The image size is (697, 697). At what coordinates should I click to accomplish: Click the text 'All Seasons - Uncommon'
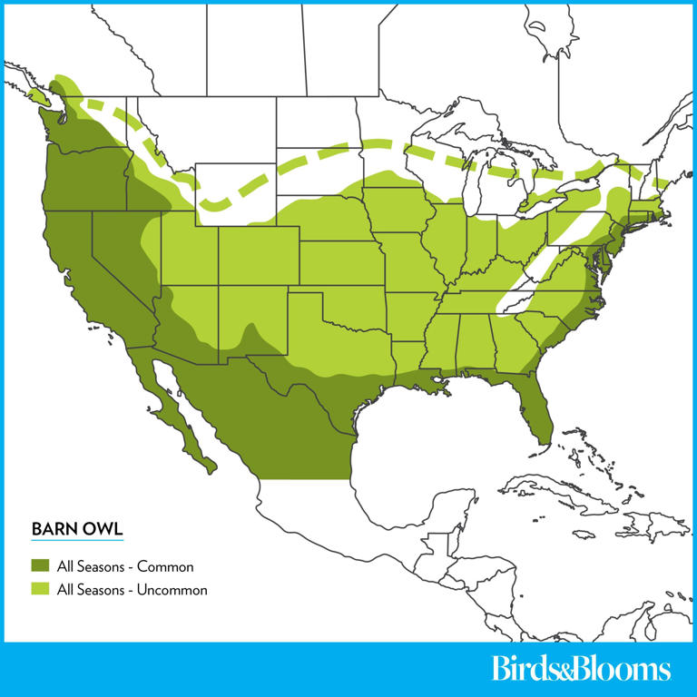click(133, 590)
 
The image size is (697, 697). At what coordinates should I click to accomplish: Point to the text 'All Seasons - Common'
click(125, 567)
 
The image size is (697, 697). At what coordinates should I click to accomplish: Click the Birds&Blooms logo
click(581, 670)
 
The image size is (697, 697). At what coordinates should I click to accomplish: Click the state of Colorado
click(259, 254)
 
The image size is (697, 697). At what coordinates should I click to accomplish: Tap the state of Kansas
click(340, 263)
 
